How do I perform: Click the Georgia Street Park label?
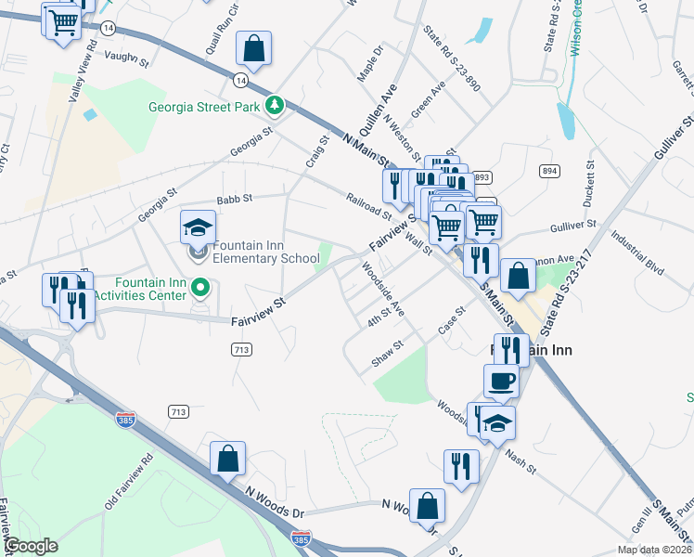[204, 107]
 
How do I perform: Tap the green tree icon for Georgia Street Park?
[275, 106]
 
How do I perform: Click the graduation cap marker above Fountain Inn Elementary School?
[198, 228]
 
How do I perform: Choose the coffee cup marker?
[502, 381]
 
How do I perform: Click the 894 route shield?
[550, 171]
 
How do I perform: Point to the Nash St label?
[520, 461]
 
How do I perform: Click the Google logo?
[32, 546]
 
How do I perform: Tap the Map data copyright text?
[650, 550]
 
